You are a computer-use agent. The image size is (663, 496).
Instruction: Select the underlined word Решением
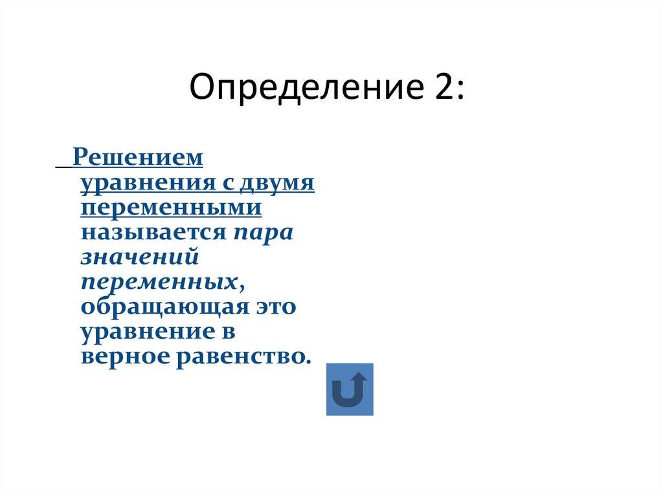point(138,156)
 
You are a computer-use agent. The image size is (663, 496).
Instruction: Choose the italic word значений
point(139,257)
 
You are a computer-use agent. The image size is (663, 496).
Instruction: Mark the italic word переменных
point(159,282)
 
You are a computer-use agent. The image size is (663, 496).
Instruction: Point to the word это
point(273,307)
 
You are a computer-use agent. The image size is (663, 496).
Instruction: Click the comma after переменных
point(241,286)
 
